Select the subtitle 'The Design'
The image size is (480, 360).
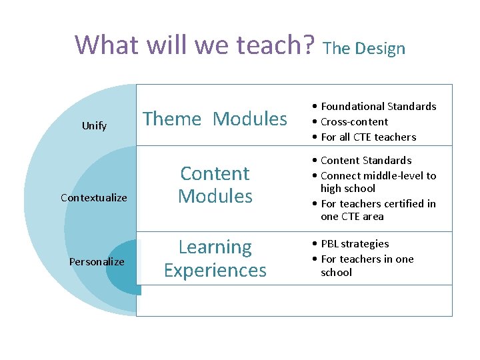(x=363, y=48)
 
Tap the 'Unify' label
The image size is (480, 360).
(x=94, y=125)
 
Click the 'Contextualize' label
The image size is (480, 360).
(x=93, y=197)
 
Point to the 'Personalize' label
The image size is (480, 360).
(x=97, y=261)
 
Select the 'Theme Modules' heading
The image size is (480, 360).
(x=215, y=119)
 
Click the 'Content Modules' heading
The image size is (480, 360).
(x=215, y=185)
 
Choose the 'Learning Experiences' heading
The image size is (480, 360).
(x=215, y=259)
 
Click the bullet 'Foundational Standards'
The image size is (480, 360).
(x=377, y=106)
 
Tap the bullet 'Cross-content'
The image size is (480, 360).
(x=353, y=121)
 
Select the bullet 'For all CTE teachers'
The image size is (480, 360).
(x=367, y=137)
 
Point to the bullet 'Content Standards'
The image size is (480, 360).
(x=365, y=160)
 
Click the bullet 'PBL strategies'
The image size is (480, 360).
(x=354, y=243)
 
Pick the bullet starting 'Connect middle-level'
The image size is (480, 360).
(x=377, y=182)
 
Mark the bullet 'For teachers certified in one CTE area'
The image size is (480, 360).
(x=377, y=210)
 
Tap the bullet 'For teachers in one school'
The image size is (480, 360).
(x=366, y=265)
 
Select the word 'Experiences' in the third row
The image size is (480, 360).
(x=215, y=270)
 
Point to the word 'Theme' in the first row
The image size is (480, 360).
(x=172, y=119)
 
